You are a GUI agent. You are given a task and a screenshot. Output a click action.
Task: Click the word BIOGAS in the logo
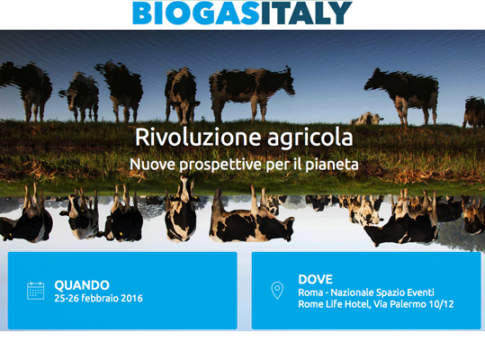coord(189,13)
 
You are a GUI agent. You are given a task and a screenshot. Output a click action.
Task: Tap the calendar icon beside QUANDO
coord(36,291)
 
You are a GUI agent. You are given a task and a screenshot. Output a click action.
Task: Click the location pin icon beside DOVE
coord(277,290)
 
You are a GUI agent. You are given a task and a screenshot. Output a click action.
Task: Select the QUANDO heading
coord(82,284)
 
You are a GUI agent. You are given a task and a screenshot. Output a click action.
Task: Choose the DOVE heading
coord(315,278)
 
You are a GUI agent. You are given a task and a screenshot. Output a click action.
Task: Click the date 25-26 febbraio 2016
coord(100,298)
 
